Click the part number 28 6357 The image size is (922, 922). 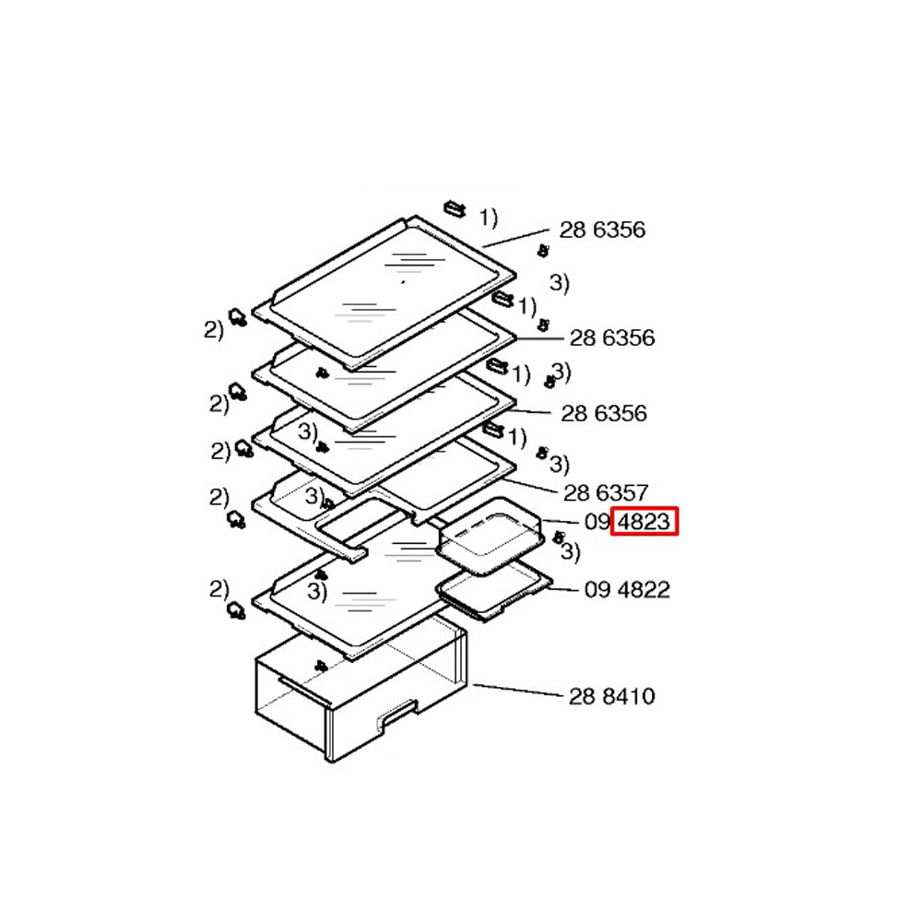[x=606, y=492]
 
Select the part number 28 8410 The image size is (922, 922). [x=611, y=696]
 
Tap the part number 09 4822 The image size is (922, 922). [x=627, y=590]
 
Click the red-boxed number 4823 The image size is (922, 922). [x=644, y=522]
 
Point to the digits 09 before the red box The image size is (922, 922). [x=597, y=522]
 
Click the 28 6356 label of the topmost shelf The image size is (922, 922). [x=602, y=230]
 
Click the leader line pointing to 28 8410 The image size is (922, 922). [x=518, y=691]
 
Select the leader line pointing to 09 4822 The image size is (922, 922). [x=563, y=588]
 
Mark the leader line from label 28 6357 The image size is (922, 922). [x=530, y=486]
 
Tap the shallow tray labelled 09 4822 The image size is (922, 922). [x=494, y=590]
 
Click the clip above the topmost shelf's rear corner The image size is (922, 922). [x=455, y=208]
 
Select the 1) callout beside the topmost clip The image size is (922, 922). [x=488, y=218]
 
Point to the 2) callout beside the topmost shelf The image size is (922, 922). [x=214, y=330]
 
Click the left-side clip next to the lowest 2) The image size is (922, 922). [x=236, y=610]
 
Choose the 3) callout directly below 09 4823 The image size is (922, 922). [x=570, y=551]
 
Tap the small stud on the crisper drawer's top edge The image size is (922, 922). [x=321, y=667]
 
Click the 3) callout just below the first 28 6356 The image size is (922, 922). [x=559, y=283]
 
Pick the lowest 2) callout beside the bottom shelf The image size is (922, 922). [x=219, y=589]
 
